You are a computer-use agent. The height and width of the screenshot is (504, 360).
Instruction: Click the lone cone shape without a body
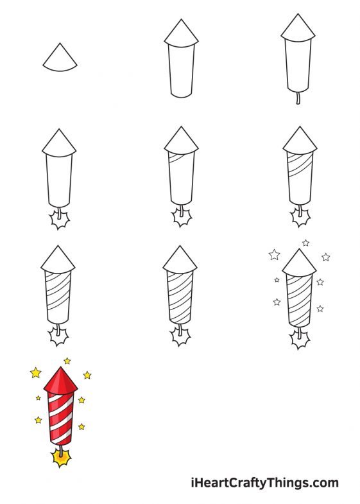coord(60,58)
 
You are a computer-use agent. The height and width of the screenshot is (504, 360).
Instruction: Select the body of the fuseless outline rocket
coord(180,71)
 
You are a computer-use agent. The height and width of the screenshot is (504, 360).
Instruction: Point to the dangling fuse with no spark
coord(297,98)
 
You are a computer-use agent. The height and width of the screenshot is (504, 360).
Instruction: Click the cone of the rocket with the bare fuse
coord(298,29)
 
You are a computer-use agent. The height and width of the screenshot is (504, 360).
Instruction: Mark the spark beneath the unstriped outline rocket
coord(60,220)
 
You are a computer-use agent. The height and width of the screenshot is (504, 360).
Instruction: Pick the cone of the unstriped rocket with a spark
coord(59,143)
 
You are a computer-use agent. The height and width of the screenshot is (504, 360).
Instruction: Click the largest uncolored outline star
coord(275,255)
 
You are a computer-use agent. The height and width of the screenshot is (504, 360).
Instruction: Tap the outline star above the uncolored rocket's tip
coord(305,243)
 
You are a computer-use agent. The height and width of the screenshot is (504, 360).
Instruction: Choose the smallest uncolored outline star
coord(277,280)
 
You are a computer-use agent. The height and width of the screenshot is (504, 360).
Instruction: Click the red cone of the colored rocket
coord(60,381)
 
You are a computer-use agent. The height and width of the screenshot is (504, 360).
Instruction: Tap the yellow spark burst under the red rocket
coord(61,458)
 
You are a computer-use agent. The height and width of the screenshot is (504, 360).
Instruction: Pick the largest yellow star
coord(35,372)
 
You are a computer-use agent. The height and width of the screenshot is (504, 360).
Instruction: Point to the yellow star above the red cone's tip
coord(67,361)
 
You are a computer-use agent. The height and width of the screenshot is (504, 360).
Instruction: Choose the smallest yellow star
coord(39,398)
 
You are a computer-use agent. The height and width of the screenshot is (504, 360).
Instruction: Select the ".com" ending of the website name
coord(324,483)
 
